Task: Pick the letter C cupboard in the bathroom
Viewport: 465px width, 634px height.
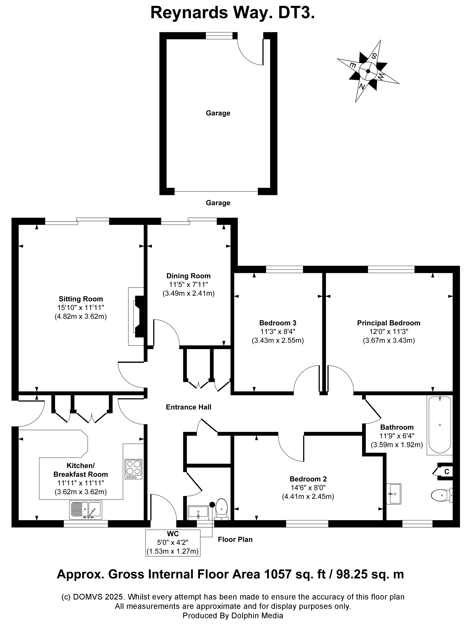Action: click(446, 471)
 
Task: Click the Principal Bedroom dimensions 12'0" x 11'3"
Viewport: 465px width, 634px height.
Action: click(389, 332)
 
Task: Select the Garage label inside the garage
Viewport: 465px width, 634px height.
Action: click(218, 113)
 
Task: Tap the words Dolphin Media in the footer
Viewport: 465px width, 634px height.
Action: click(257, 615)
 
